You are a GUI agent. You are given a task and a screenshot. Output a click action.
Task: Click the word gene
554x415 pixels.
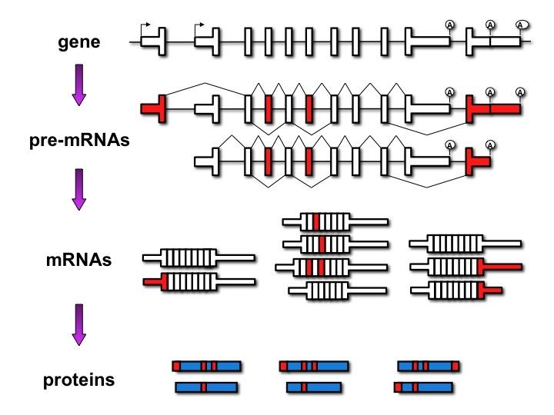[x=79, y=41]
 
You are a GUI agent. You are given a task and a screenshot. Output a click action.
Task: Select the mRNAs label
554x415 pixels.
[x=78, y=260]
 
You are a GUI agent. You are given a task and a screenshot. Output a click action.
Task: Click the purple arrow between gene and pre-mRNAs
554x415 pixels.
[x=80, y=84]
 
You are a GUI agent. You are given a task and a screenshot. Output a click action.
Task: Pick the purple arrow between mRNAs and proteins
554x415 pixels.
[x=80, y=323]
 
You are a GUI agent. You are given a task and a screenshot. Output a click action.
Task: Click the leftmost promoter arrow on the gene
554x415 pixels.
[x=146, y=25]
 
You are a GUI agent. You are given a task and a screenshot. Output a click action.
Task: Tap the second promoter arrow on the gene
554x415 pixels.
[x=202, y=25]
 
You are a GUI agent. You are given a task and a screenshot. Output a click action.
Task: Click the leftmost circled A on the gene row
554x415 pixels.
[x=450, y=25]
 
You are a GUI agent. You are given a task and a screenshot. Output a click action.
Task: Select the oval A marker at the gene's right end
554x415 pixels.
[x=522, y=25]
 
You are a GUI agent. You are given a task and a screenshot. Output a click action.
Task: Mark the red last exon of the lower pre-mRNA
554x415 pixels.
[x=477, y=162]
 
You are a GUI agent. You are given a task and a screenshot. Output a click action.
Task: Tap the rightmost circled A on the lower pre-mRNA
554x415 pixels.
[x=491, y=144]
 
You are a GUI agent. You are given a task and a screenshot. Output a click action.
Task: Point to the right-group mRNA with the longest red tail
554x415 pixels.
[x=466, y=267]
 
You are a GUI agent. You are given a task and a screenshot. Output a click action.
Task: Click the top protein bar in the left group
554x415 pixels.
[x=206, y=367]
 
